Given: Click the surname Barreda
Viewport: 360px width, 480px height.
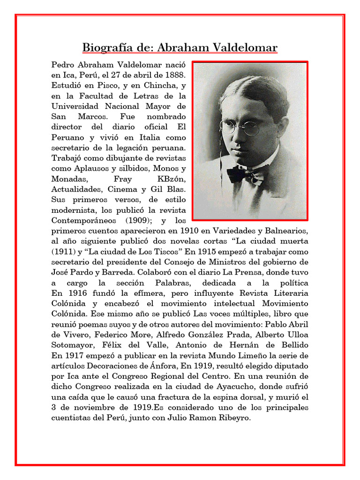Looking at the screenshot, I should point(107,272).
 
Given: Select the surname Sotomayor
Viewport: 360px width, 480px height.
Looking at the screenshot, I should point(70,345).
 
